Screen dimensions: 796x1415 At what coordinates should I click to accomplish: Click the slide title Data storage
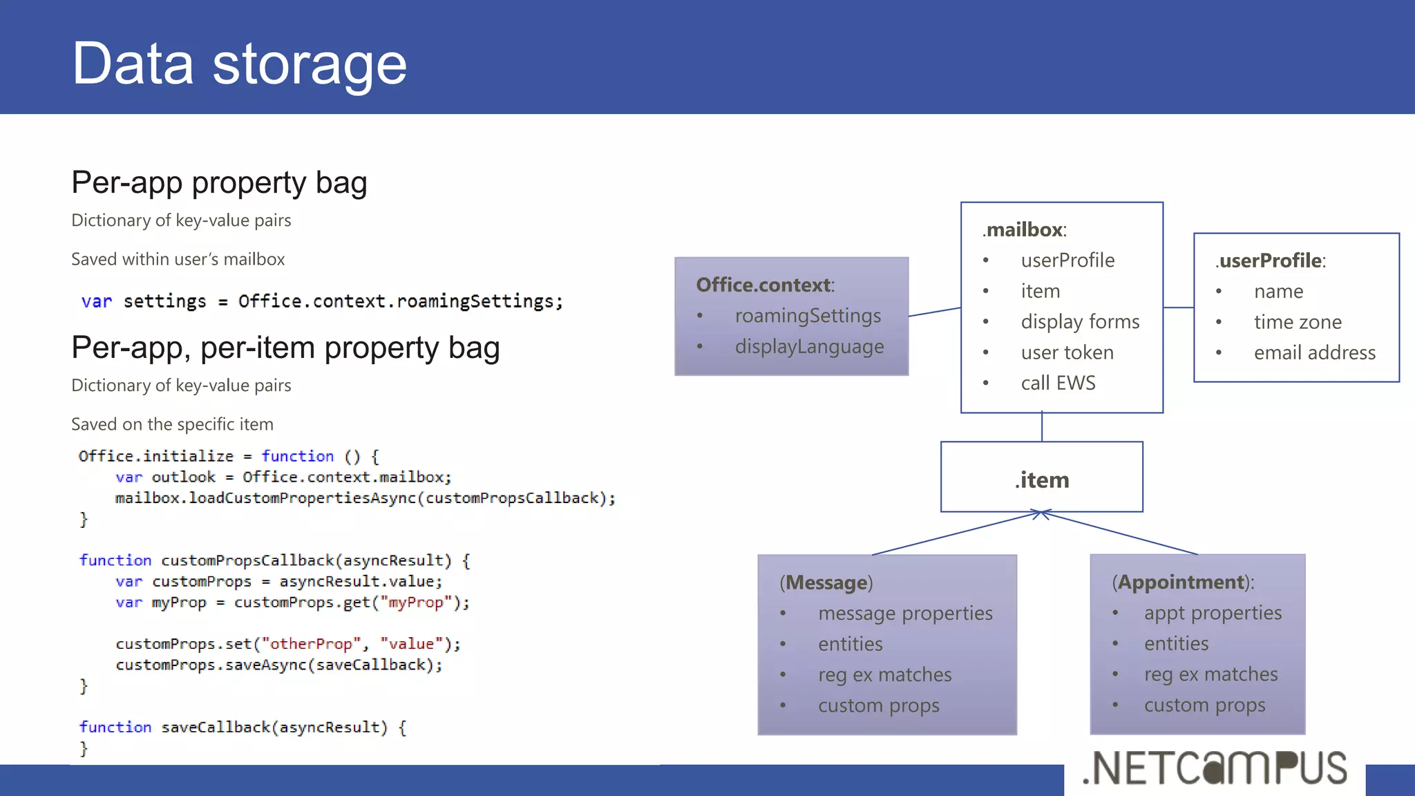[239, 64]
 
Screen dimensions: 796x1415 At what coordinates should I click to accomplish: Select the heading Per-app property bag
[219, 183]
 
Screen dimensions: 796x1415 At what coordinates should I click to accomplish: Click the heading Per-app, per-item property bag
[285, 348]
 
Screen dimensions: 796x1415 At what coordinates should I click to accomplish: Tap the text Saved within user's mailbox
[178, 259]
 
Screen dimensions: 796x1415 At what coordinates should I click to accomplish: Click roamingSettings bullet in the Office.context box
[807, 316]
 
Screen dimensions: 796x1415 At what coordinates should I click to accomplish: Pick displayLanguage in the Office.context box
[808, 347]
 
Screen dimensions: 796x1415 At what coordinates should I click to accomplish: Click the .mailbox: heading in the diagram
[1025, 229]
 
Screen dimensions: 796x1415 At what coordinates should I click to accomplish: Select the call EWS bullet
[1058, 383]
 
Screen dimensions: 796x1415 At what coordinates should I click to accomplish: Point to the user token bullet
[1067, 353]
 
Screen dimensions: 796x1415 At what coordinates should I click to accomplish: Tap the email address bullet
[1314, 353]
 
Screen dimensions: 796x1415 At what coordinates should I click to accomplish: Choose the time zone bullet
[1298, 322]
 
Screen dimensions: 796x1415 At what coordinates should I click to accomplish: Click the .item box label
[1042, 480]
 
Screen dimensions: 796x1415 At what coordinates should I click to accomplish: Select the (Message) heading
[826, 582]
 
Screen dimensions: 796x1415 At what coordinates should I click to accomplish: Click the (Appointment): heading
[1183, 582]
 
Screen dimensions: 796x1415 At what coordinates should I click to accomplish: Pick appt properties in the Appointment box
[1212, 613]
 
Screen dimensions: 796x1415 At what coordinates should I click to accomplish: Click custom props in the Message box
[878, 705]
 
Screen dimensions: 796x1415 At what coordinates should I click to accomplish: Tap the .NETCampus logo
[1215, 768]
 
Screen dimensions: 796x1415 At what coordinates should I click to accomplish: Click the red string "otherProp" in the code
[310, 644]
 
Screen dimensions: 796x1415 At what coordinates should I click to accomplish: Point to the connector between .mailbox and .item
[1042, 427]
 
